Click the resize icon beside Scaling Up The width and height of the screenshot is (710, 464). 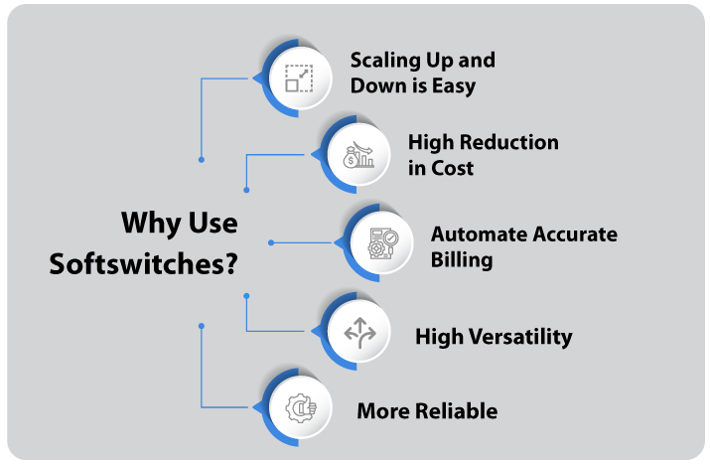click(299, 77)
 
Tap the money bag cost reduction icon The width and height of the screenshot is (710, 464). click(357, 155)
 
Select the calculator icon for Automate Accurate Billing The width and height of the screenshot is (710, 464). click(383, 242)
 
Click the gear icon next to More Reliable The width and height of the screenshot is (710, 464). click(300, 408)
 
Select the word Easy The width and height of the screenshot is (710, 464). click(453, 85)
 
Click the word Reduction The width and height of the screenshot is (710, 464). click(509, 142)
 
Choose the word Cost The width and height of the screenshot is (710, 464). click(453, 168)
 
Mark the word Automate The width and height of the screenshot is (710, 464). click(479, 234)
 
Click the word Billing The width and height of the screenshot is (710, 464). click(462, 260)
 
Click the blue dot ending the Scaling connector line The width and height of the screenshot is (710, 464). click(202, 159)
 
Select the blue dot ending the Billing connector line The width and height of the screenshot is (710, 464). click(271, 242)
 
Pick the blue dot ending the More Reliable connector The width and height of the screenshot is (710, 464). click(202, 325)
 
